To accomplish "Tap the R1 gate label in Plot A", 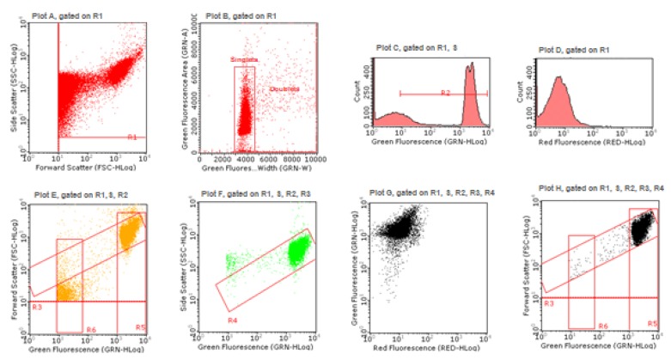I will tap(131, 136).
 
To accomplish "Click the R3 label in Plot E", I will tap(36, 306).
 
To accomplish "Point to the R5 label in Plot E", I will tap(139, 328).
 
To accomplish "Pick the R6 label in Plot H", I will tap(603, 326).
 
